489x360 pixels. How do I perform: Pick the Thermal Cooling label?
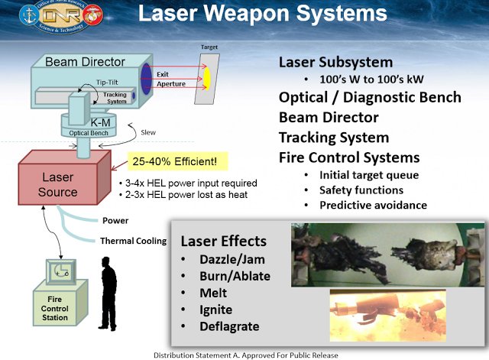133,242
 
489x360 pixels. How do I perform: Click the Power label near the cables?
117,221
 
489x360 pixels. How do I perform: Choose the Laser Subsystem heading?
335,62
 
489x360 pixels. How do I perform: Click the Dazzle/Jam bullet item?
222,261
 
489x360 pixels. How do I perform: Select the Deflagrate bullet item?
226,326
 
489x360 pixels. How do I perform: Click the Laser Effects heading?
224,242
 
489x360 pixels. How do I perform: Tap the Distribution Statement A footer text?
245,355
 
